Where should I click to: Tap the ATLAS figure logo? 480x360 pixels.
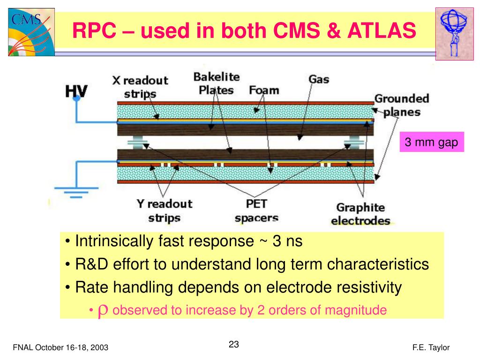pyautogui.click(x=453, y=32)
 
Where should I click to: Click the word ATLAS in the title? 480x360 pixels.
pyautogui.click(x=381, y=31)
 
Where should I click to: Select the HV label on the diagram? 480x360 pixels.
pyautogui.click(x=76, y=92)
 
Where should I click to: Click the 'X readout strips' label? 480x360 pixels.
pyautogui.click(x=140, y=87)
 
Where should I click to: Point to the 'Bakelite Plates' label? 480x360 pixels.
pyautogui.click(x=216, y=83)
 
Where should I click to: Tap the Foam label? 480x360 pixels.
pyautogui.click(x=264, y=90)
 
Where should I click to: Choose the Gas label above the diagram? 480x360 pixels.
pyautogui.click(x=319, y=79)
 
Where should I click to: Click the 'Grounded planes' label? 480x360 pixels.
pyautogui.click(x=395, y=105)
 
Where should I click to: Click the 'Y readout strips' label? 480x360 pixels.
pyautogui.click(x=164, y=210)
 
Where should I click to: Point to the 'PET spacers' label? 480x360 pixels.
pyautogui.click(x=257, y=210)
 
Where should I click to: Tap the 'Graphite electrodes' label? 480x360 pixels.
pyautogui.click(x=360, y=214)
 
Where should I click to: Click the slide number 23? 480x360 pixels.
pyautogui.click(x=234, y=345)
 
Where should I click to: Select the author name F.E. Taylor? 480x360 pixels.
pyautogui.click(x=431, y=347)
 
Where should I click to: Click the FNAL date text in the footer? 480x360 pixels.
pyautogui.click(x=60, y=347)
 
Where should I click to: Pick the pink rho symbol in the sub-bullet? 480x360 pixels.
pyautogui.click(x=104, y=310)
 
